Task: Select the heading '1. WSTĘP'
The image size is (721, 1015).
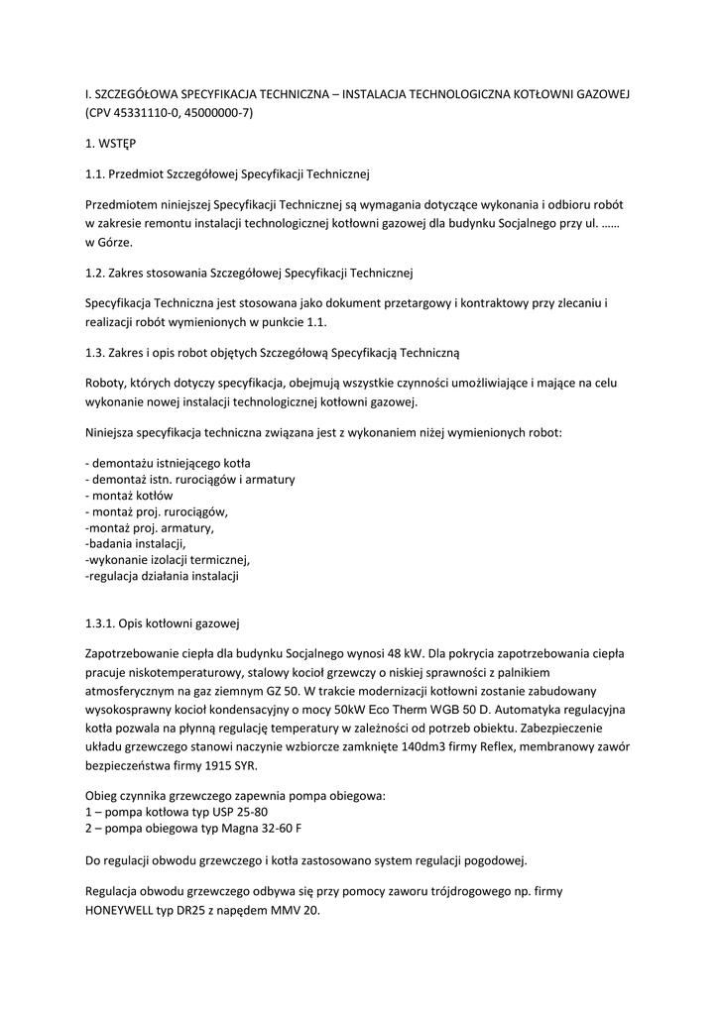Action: tap(111, 144)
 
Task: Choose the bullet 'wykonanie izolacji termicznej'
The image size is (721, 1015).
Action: tap(167, 559)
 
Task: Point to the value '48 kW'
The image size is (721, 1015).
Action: tap(407, 654)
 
